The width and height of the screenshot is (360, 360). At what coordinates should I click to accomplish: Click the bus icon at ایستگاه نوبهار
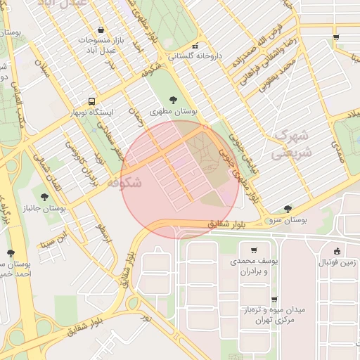click(91, 101)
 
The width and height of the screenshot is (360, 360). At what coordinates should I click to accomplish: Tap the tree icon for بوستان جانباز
click(45, 198)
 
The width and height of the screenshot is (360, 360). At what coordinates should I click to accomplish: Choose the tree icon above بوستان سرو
click(288, 209)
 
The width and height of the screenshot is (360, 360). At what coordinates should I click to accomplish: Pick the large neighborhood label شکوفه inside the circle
click(124, 182)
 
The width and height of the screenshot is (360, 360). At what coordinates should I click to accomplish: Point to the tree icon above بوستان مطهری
click(174, 100)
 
